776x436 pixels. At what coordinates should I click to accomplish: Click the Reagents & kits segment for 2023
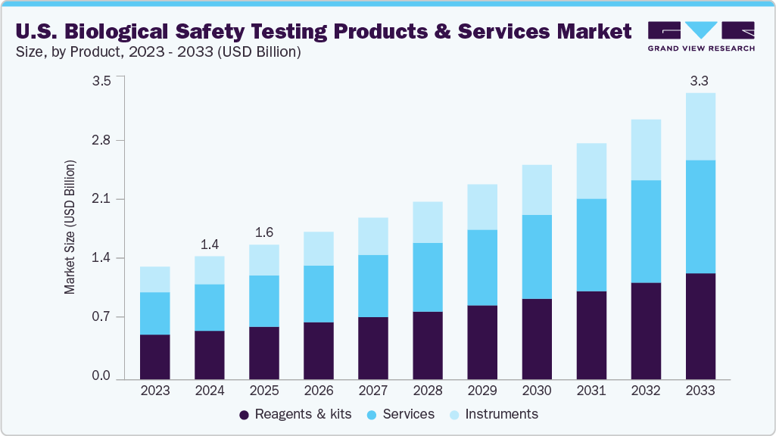(155, 356)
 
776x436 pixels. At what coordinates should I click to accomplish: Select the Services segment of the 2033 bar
(700, 216)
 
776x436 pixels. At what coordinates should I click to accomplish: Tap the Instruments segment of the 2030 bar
(537, 190)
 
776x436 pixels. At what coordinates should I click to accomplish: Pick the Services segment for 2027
(373, 286)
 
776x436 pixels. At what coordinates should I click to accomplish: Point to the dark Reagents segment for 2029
(482, 341)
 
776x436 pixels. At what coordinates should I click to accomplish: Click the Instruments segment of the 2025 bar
(264, 260)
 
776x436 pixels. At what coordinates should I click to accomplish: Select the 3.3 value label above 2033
(700, 80)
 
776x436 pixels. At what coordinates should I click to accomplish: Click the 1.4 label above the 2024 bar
(210, 244)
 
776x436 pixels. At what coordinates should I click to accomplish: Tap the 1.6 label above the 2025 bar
(264, 232)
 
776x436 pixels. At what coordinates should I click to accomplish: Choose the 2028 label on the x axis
(428, 391)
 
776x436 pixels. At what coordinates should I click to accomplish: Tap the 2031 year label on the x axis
(591, 391)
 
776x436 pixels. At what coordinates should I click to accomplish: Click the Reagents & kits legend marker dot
(244, 415)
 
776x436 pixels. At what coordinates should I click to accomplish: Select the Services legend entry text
(409, 414)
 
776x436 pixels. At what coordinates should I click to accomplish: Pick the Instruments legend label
(501, 414)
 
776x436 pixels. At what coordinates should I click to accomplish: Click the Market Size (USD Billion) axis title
(70, 227)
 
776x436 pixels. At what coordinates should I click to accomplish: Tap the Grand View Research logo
(701, 36)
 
